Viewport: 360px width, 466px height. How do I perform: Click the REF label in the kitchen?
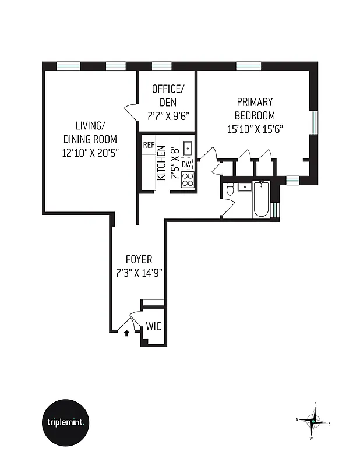[149, 145]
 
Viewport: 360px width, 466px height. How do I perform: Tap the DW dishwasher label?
[186, 165]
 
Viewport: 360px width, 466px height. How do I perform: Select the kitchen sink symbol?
[187, 150]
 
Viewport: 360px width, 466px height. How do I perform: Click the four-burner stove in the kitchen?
[187, 179]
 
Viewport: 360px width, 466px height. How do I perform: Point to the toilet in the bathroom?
[230, 189]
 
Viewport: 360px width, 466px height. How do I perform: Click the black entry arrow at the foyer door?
[126, 333]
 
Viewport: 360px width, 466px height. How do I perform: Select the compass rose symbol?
[314, 421]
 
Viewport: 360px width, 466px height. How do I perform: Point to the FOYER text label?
[139, 260]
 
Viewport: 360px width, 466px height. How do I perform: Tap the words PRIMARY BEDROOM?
[255, 108]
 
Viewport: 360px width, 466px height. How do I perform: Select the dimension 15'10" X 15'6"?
[255, 130]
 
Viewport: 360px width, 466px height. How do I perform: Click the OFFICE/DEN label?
[168, 96]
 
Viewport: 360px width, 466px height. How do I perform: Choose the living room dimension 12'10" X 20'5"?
[90, 154]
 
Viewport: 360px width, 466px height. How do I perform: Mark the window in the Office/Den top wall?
[161, 66]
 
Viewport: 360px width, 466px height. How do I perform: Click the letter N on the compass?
[297, 419]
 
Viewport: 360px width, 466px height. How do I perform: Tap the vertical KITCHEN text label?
[161, 163]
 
